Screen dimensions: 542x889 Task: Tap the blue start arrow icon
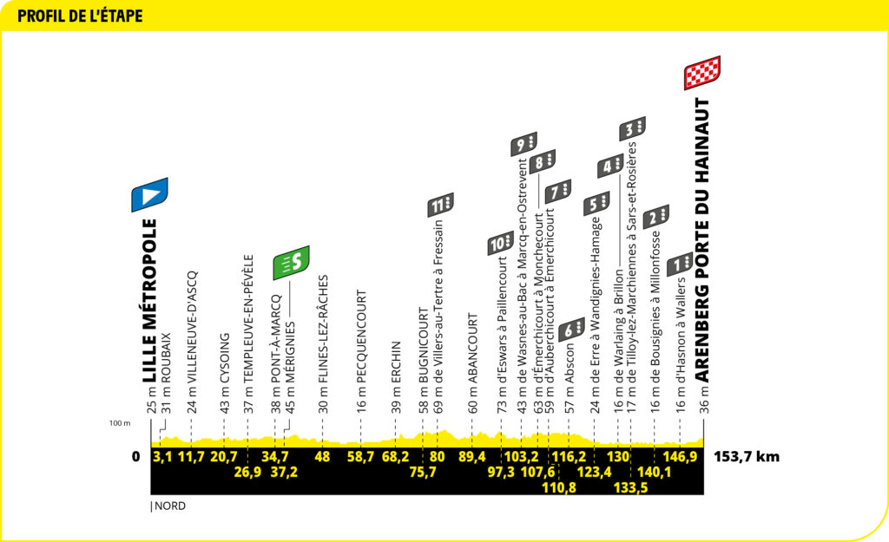pos(149,195)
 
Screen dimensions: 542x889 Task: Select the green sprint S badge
pos(291,262)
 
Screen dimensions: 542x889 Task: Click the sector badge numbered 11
pos(440,206)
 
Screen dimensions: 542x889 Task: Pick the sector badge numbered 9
pos(524,144)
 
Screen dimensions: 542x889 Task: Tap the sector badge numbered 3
pos(632,129)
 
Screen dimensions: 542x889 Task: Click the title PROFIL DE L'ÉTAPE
pos(80,16)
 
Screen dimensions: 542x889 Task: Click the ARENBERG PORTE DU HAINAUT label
pos(702,241)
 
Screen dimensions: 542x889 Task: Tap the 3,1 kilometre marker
pos(162,457)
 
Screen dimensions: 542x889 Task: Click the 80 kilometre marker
pos(437,457)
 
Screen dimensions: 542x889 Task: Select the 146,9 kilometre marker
pos(680,457)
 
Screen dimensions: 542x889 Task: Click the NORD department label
pos(170,506)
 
